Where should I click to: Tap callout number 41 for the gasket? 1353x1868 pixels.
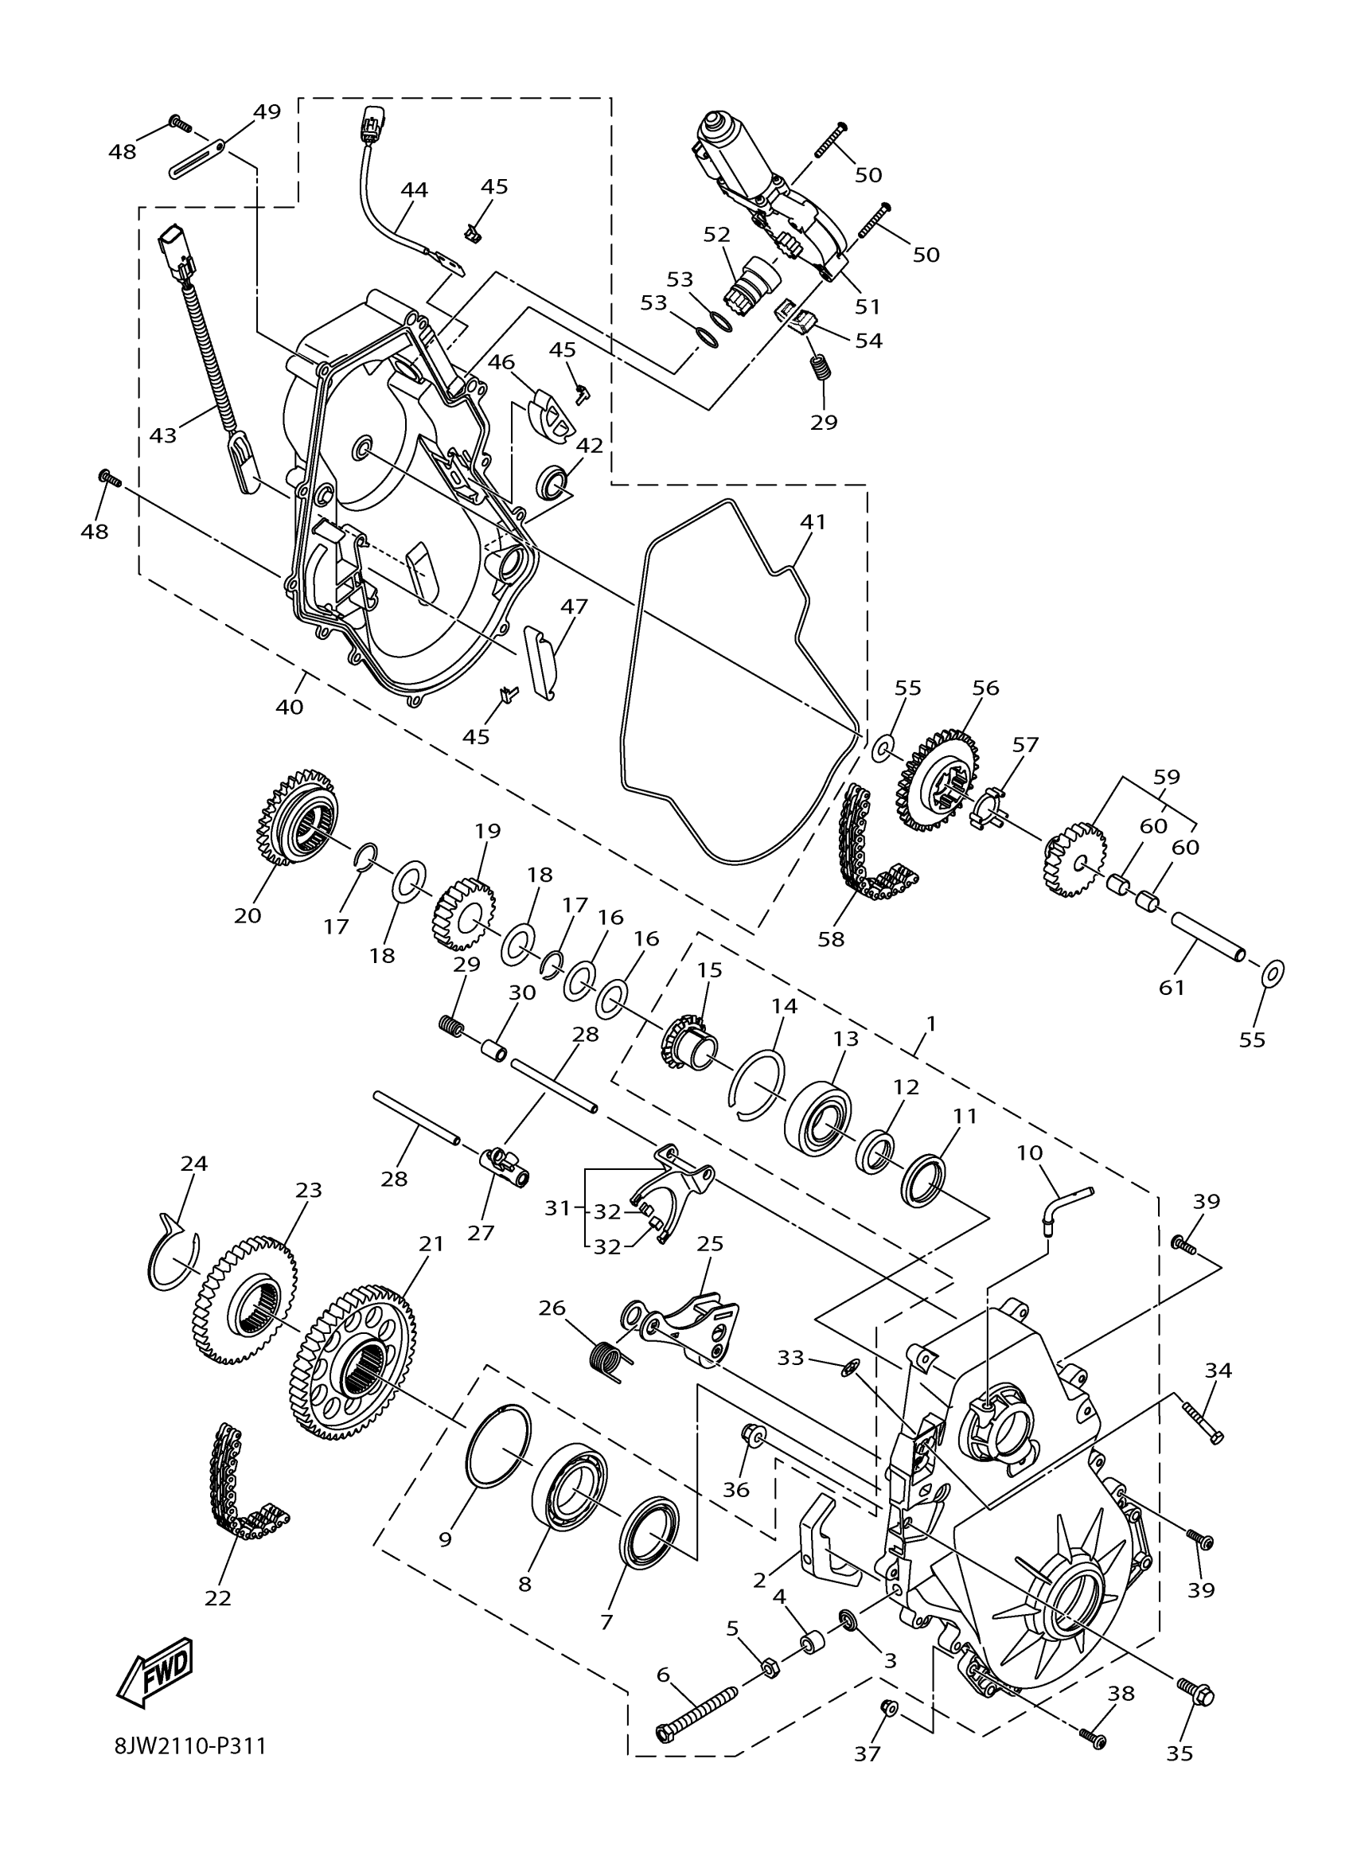(x=813, y=521)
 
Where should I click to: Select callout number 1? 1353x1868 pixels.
(x=930, y=1024)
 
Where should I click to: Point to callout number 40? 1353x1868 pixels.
(x=289, y=707)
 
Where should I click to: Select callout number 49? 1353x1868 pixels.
(x=267, y=111)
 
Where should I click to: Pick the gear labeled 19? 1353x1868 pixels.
(x=462, y=913)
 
